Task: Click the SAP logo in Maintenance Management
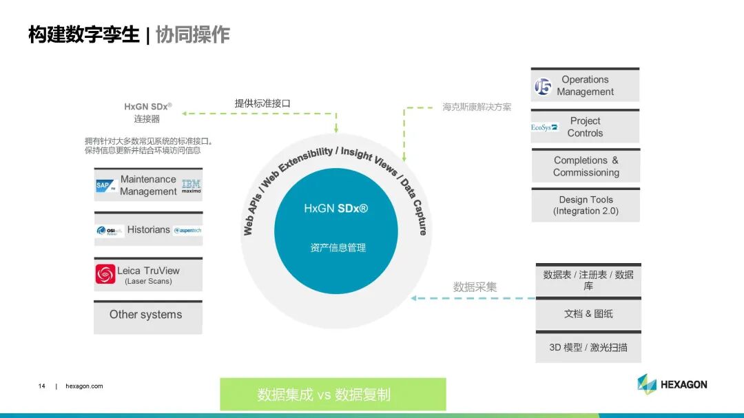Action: tap(105, 185)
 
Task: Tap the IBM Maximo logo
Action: tap(192, 186)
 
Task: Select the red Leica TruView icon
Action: tap(105, 274)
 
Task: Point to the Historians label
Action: tap(148, 230)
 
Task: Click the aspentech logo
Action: tap(187, 231)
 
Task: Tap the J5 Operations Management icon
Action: tap(543, 86)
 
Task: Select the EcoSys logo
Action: tap(545, 127)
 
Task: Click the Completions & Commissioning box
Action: tap(586, 166)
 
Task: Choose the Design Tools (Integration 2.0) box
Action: tap(586, 205)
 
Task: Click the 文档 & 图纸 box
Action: tap(588, 314)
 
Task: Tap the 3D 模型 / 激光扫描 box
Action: tap(588, 348)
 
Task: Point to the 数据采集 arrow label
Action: tap(475, 286)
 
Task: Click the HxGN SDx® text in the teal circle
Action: tap(336, 208)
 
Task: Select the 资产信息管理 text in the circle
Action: tap(337, 247)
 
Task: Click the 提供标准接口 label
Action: tap(262, 103)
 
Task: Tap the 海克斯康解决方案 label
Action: tap(477, 107)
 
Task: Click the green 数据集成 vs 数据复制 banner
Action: tap(333, 395)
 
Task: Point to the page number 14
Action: tap(42, 386)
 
